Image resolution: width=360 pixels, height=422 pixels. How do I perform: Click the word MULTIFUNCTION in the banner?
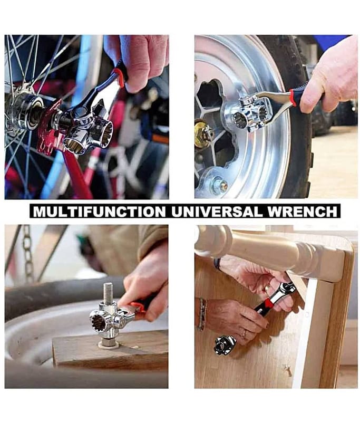pos(99,212)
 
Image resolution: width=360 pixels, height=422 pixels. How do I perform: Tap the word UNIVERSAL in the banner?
pos(217,212)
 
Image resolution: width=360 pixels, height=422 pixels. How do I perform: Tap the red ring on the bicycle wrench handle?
pos(119,77)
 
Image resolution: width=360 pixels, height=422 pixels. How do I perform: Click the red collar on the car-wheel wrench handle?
pos(293,98)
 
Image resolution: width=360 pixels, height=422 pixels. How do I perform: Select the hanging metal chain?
pos(27,252)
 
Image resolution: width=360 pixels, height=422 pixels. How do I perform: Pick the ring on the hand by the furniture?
pos(245,334)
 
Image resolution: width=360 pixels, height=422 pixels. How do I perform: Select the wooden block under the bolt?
pos(110,350)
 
